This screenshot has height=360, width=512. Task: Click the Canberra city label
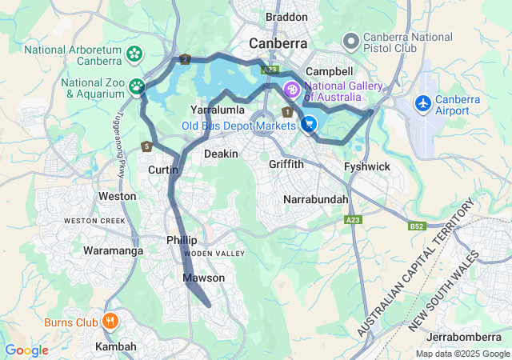click(x=278, y=42)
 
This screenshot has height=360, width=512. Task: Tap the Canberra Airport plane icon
click(x=423, y=103)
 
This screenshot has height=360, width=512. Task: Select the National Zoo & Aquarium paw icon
click(x=138, y=85)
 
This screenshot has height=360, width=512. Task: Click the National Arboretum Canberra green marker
click(x=134, y=54)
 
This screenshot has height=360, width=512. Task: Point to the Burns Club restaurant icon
click(x=110, y=322)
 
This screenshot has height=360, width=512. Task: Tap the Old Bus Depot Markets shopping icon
click(x=309, y=125)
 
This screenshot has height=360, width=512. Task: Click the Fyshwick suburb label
click(x=366, y=166)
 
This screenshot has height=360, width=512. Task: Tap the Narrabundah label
click(x=316, y=198)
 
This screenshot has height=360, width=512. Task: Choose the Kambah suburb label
click(x=116, y=346)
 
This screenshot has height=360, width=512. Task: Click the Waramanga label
click(x=113, y=250)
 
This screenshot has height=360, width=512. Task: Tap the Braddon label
click(x=286, y=17)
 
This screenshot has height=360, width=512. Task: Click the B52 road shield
click(x=416, y=227)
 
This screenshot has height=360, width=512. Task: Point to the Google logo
click(x=26, y=350)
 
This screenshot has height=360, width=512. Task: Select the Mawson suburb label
click(x=204, y=278)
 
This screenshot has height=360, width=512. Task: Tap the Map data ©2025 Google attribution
click(x=462, y=354)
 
